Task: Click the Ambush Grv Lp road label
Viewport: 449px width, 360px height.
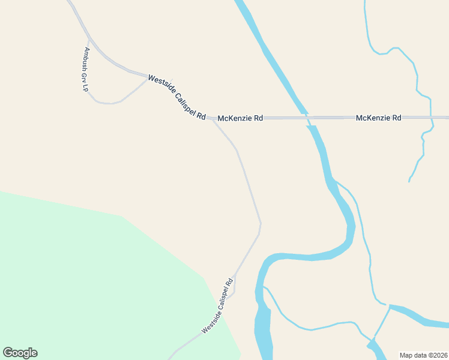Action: click(x=86, y=69)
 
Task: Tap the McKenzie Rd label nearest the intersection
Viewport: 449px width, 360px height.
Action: click(x=240, y=118)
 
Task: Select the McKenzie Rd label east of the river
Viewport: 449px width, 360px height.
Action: click(x=378, y=118)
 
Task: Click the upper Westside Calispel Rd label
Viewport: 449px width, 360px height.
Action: click(x=177, y=97)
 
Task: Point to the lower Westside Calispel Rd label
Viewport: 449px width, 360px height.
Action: click(x=217, y=306)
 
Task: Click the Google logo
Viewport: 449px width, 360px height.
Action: click(x=20, y=353)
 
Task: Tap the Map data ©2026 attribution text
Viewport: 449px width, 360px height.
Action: click(x=423, y=355)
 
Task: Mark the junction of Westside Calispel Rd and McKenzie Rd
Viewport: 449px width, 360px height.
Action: click(x=211, y=119)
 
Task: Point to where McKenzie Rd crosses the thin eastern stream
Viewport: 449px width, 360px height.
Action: click(x=431, y=117)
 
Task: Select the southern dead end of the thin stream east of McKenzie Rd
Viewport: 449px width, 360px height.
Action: click(x=409, y=181)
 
